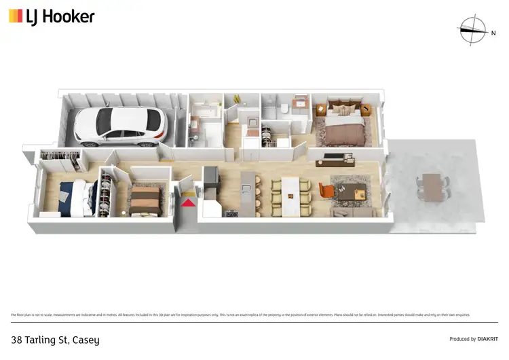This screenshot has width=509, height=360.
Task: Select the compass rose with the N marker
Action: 474,29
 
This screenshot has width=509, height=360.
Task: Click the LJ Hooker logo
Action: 52,16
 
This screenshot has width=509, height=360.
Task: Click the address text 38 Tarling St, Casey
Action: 56,339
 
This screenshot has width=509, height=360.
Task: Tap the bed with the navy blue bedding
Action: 72,196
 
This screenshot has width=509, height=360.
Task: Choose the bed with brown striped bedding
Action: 145,200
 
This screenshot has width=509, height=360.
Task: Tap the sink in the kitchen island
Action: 249,182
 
